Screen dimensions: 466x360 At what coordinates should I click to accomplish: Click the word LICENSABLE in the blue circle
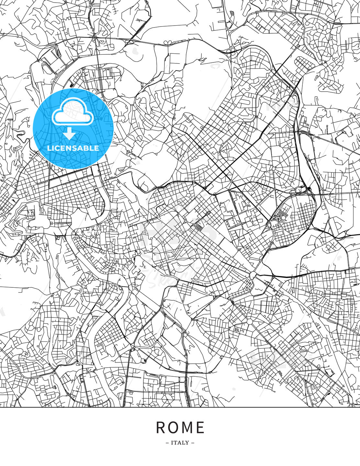click(73, 148)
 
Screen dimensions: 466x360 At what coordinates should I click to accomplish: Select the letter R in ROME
click(161, 427)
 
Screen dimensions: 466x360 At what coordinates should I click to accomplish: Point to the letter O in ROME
click(173, 427)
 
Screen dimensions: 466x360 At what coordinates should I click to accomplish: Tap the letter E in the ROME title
click(200, 427)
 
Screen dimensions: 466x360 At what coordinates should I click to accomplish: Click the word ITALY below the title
click(180, 443)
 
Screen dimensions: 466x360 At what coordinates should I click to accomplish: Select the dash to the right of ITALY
click(193, 443)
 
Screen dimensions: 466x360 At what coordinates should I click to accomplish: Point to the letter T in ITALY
click(176, 443)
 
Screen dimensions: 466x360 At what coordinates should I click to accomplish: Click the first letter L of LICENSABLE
click(49, 148)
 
